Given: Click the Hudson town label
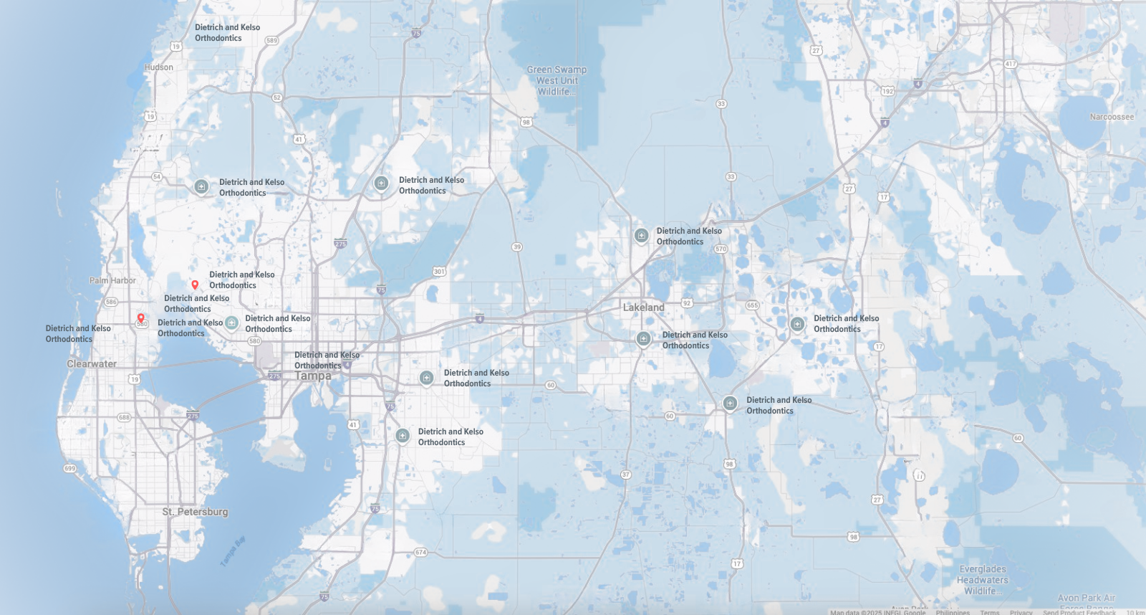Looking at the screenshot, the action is [x=159, y=67].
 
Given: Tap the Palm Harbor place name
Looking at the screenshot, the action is [x=112, y=281].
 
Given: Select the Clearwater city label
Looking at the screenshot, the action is [x=92, y=364].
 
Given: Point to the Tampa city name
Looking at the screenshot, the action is [x=313, y=376].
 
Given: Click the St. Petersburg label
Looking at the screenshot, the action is [x=195, y=512].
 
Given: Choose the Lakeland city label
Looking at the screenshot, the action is [x=643, y=307].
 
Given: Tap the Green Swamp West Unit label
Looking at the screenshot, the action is [x=557, y=80].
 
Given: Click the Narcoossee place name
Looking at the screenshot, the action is [x=1112, y=117].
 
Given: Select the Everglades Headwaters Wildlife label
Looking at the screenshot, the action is [x=982, y=580].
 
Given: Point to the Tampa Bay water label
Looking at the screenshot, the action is [x=233, y=551].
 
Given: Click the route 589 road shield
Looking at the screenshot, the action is [x=271, y=41].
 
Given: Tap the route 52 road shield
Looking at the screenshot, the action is [x=277, y=97].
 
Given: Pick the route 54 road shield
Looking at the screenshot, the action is [x=157, y=177].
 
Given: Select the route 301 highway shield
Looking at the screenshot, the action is [x=439, y=272].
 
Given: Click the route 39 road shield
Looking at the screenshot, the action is [x=517, y=247].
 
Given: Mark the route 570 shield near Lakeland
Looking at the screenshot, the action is [x=721, y=249].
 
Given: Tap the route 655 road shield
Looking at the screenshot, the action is [x=752, y=305].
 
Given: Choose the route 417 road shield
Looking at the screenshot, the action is [x=1011, y=64].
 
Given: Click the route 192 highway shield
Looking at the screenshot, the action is [x=887, y=91].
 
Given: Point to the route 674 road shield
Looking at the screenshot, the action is [x=420, y=553].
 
